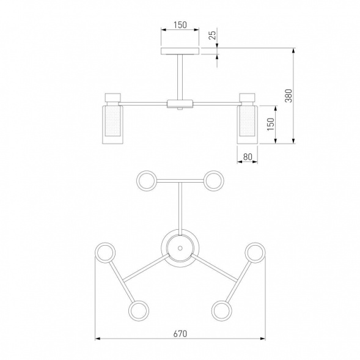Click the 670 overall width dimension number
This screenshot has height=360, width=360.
coord(180,334)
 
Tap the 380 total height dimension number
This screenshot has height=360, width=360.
coord(288,96)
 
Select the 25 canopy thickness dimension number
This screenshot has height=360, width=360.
coord(213,35)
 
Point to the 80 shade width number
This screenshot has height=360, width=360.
coord(248,157)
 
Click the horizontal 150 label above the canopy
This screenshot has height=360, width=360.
coord(180,25)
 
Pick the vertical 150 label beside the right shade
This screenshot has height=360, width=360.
coord(271,124)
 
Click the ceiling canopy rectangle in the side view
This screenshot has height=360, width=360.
coord(180,51)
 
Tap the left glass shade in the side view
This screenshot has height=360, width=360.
coord(112,125)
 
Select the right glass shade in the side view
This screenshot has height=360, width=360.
coord(248,125)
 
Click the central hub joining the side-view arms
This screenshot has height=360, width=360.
coord(180,104)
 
